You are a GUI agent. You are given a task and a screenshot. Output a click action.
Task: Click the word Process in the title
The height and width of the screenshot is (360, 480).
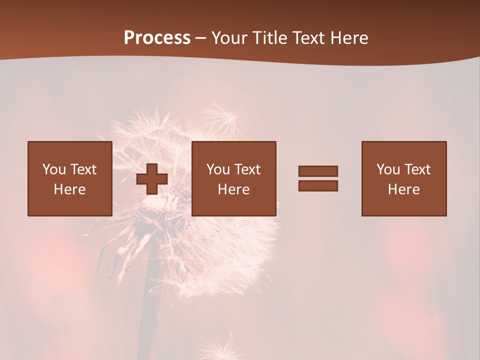[157, 38]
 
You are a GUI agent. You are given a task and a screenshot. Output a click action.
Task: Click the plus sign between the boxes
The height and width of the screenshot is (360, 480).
[152, 178]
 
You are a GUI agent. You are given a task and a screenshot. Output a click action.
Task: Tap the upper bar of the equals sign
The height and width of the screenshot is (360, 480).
[318, 171]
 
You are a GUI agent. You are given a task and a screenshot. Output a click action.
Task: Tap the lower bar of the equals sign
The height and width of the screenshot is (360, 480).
[318, 185]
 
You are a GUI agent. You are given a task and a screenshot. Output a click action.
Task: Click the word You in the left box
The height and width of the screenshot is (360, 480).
[54, 169]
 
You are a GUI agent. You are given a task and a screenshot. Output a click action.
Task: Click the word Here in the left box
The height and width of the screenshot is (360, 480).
[69, 189]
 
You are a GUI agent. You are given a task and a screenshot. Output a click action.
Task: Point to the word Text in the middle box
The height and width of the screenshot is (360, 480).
[247, 169]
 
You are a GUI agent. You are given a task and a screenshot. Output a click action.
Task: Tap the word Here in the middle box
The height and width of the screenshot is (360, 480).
[233, 189]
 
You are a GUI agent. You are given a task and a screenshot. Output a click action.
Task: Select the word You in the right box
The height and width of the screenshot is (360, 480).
[388, 169]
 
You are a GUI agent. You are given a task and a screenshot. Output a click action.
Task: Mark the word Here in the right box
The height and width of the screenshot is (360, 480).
[403, 189]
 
